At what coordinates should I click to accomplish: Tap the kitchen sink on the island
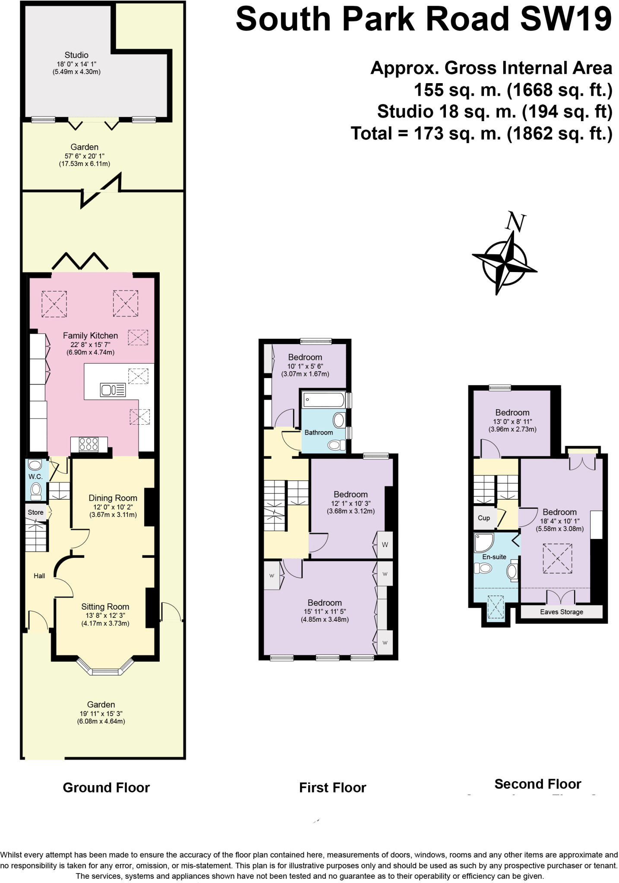pos(113,390)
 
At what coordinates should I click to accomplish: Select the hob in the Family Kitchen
pos(89,444)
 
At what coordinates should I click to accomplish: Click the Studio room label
pos(76,55)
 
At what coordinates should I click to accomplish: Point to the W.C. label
pos(35,476)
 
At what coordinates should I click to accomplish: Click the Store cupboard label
pos(35,512)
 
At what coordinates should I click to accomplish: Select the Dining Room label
pos(113,498)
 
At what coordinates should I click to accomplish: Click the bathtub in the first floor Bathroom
pos(323,400)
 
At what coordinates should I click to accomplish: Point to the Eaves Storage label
pos(561,612)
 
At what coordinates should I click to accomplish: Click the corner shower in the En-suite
pos(483,543)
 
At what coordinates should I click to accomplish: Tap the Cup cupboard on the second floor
pos(483,518)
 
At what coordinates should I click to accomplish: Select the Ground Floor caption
pos(106,788)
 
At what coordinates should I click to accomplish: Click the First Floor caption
pos(332,788)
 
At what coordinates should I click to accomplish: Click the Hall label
pos(39,576)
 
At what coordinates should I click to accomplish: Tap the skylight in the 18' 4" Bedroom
pos(557,558)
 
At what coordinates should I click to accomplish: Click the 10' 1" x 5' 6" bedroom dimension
pos(305,366)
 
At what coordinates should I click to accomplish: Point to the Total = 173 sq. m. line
pos(481,134)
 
